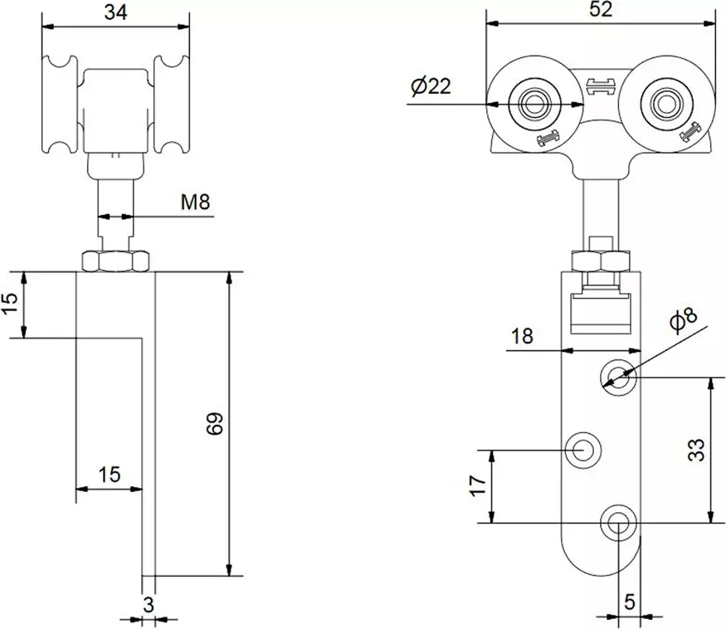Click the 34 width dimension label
tap(115, 12)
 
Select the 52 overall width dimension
tap(601, 10)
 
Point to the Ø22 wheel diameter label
tap(431, 85)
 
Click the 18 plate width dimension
tap(522, 336)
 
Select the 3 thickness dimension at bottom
tap(149, 604)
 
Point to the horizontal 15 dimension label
tap(109, 475)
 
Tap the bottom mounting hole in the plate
tap(618, 523)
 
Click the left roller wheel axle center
tap(530, 104)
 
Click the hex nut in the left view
tap(115, 261)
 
